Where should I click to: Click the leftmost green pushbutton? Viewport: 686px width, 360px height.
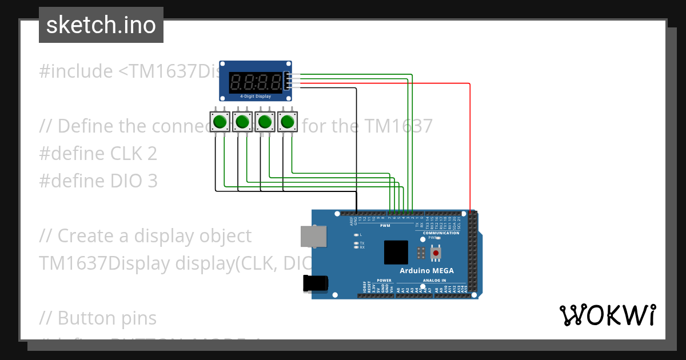[220, 122]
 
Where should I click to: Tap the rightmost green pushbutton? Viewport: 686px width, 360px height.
[287, 122]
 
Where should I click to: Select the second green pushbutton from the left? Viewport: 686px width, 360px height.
[242, 122]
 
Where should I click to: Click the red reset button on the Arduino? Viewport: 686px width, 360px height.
[436, 252]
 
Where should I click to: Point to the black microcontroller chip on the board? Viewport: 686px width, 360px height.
[396, 252]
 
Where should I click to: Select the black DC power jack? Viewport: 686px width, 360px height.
[316, 284]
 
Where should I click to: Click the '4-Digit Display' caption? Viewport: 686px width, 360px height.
[256, 97]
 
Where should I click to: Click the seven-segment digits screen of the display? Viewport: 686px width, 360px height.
[256, 82]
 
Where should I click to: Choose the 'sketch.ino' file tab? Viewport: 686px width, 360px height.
[101, 25]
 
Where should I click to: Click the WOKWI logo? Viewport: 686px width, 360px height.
[607, 315]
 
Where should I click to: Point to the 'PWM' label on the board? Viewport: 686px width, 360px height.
[385, 225]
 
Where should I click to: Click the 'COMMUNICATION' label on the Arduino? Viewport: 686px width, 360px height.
[441, 233]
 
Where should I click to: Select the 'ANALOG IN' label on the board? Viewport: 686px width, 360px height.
[434, 281]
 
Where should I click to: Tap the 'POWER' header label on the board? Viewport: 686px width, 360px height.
[384, 281]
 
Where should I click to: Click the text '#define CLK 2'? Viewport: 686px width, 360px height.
[98, 153]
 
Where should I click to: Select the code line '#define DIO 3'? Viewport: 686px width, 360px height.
[98, 181]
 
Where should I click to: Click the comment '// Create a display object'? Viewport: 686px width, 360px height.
[145, 235]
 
